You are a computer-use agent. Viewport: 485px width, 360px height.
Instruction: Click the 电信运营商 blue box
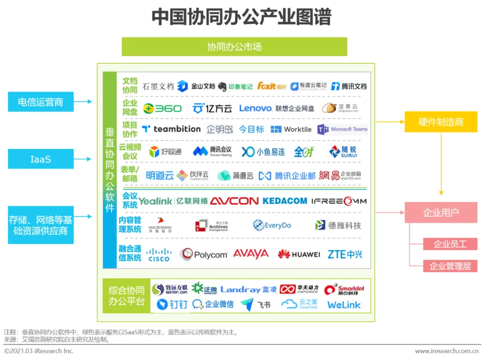(x=40, y=102)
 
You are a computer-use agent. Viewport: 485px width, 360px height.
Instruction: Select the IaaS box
(x=40, y=159)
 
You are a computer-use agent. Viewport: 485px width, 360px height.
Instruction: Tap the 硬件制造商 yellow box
(x=441, y=122)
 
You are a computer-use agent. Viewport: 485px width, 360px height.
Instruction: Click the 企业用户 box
(x=441, y=212)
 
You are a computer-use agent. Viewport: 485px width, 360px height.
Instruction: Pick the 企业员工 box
(x=450, y=244)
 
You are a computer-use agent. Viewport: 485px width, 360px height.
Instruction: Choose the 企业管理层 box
(x=450, y=266)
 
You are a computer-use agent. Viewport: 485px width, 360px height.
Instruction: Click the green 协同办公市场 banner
(x=234, y=47)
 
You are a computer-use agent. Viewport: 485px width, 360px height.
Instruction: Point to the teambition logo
(x=171, y=129)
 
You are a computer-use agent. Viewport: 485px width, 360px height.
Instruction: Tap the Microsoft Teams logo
(x=343, y=129)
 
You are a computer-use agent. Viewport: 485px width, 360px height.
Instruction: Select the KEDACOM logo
(x=285, y=201)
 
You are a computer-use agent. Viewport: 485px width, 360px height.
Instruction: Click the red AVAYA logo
(x=251, y=254)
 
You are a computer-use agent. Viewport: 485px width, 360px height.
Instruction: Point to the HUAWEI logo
(x=299, y=255)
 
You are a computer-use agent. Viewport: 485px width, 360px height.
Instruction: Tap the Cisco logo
(x=159, y=255)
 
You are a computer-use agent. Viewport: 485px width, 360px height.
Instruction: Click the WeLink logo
(x=344, y=305)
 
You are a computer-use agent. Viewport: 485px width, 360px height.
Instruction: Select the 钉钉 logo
(x=172, y=305)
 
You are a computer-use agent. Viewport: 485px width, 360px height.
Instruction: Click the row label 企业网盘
(x=130, y=108)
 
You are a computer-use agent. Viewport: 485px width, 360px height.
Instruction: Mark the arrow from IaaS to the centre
(x=83, y=159)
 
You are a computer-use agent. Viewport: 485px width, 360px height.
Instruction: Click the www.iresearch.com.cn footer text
(x=446, y=351)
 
